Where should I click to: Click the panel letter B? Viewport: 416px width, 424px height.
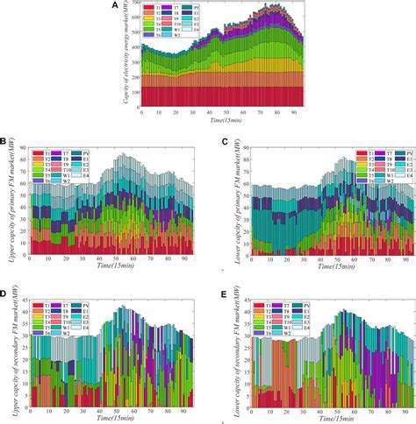click(x=4, y=140)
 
